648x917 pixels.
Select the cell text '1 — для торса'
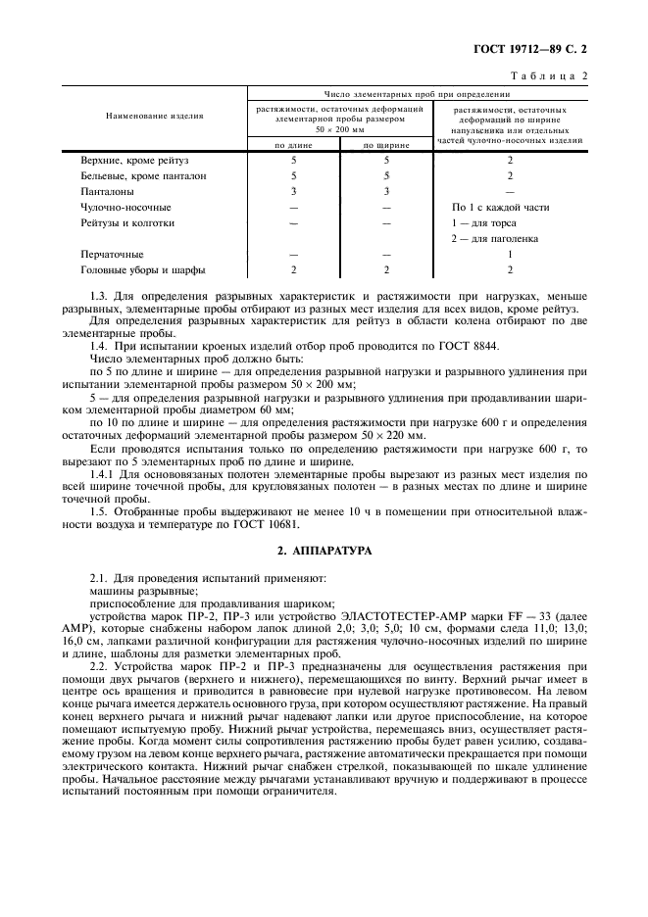[x=483, y=222]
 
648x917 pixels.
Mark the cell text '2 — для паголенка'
[x=494, y=238]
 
